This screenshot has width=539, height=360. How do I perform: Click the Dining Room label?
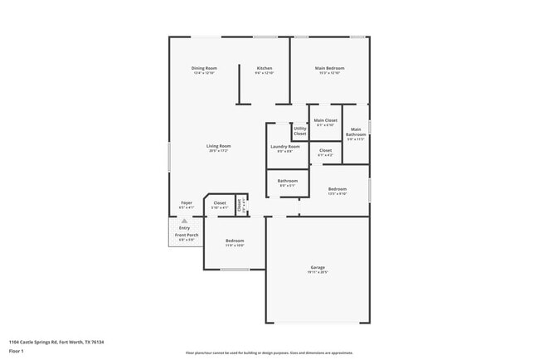[x=204, y=68]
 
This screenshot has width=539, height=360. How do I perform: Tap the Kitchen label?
[x=265, y=68]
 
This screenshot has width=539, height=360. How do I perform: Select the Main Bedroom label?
[x=329, y=68]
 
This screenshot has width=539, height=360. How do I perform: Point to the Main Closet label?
[x=326, y=121]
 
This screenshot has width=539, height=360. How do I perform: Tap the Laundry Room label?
[x=284, y=147]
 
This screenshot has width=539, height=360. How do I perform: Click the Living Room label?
[x=219, y=146]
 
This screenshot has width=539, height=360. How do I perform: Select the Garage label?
[x=318, y=267]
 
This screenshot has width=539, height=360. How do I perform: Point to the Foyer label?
[x=187, y=202]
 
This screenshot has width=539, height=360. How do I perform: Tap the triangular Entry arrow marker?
[x=184, y=221]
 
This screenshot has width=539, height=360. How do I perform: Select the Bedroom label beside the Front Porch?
[x=235, y=241]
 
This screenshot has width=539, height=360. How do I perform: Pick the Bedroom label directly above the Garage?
[x=337, y=189]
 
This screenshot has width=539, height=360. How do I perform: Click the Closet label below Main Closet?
[x=326, y=150]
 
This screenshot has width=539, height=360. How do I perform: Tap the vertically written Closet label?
[x=240, y=204]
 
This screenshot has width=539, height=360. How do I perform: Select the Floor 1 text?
[x=17, y=351]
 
